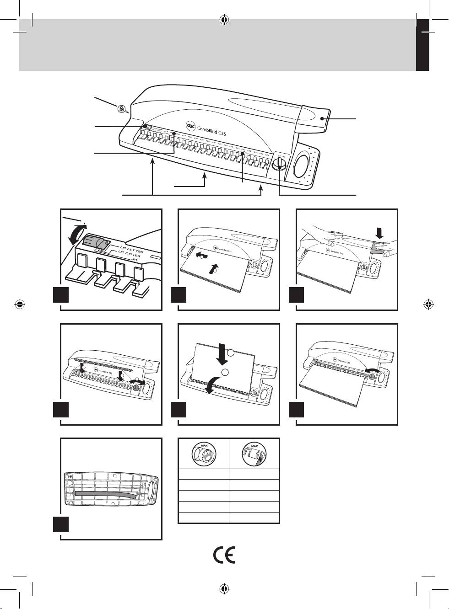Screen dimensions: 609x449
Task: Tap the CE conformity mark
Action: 224,555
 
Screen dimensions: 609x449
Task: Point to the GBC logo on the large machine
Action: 190,123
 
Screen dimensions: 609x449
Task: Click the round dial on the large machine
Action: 279,165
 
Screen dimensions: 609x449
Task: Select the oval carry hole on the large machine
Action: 301,165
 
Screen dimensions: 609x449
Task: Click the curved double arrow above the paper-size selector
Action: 76,233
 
